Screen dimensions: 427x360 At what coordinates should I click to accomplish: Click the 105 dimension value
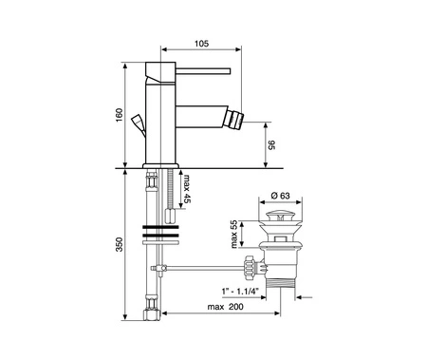(201, 44)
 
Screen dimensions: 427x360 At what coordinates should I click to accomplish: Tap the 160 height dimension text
(119, 115)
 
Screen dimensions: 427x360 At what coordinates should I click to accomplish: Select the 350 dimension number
(119, 244)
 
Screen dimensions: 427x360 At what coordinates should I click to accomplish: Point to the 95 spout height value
(272, 145)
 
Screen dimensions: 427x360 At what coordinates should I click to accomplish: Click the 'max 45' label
(187, 189)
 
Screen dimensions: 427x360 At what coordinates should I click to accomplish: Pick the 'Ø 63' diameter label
(281, 196)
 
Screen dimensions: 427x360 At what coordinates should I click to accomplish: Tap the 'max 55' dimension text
(233, 235)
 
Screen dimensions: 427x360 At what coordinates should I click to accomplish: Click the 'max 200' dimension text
(226, 307)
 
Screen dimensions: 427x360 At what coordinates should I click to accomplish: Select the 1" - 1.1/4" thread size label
(240, 291)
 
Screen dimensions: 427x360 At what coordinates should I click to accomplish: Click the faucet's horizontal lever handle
(203, 71)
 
